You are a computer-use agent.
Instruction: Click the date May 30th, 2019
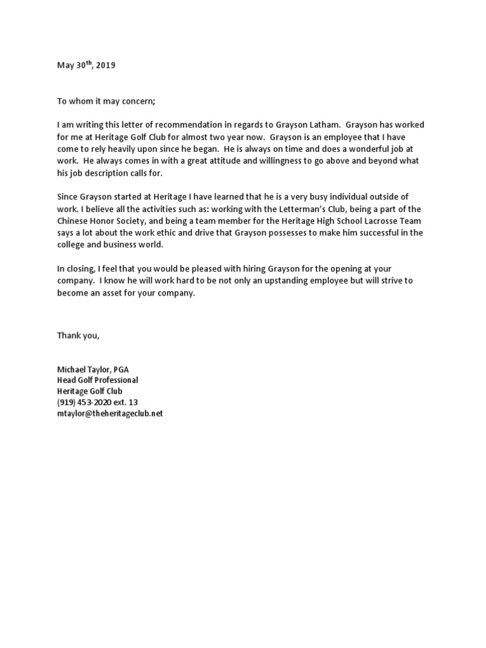tap(86, 65)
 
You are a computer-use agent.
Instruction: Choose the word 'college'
tap(72, 244)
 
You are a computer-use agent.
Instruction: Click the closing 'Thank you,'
tap(78, 335)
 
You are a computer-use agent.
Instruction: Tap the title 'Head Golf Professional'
tap(97, 380)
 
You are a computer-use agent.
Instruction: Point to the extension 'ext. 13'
tap(127, 402)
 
